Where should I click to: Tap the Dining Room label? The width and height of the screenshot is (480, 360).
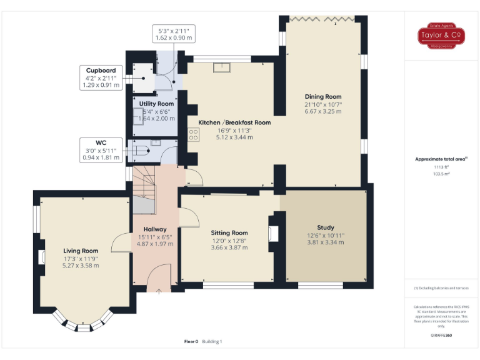(x=323, y=97)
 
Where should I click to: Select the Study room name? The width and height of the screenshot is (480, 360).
(x=325, y=227)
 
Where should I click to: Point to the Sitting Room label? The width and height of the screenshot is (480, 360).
(x=231, y=233)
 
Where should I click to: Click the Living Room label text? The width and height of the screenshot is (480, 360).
(x=81, y=251)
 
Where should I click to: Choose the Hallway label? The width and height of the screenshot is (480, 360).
(x=154, y=229)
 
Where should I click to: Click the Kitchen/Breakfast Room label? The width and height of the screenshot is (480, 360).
(x=234, y=122)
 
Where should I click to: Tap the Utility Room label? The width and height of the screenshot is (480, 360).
(x=156, y=104)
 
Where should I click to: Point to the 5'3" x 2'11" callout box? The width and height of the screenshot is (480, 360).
(x=174, y=34)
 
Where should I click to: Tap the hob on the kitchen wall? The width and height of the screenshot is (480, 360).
(x=194, y=134)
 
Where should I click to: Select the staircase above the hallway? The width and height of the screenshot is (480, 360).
(x=146, y=187)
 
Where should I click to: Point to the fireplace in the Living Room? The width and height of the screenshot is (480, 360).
(x=42, y=257)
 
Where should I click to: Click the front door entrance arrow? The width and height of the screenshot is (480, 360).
(x=159, y=290)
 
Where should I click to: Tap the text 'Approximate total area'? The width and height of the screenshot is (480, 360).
(x=441, y=159)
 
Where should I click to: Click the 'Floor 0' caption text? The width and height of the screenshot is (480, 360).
(x=191, y=341)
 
